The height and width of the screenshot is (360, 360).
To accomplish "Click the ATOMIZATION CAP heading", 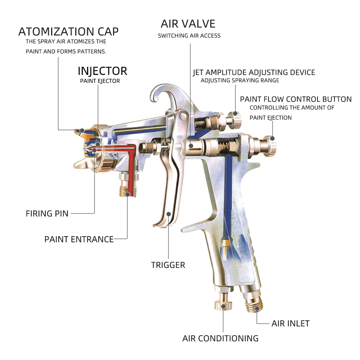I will click(x=68, y=32).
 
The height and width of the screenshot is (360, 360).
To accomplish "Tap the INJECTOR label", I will click(x=103, y=71).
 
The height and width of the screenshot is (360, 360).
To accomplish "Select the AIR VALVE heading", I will click(x=188, y=24).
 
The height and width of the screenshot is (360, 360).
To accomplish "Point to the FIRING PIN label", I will click(x=47, y=213).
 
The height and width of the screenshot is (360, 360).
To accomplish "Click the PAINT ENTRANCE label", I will click(x=79, y=239).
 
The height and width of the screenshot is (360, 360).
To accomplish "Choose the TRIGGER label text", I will click(x=168, y=265).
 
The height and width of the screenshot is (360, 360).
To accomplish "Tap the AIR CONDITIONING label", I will click(x=220, y=338).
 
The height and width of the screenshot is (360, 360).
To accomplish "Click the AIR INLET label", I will click(x=290, y=323).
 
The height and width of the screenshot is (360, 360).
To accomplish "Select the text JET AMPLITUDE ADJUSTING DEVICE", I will click(x=254, y=72).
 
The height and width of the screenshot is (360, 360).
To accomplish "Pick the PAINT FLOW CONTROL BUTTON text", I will click(x=296, y=99).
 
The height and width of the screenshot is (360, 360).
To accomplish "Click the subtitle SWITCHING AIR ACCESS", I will click(x=189, y=36).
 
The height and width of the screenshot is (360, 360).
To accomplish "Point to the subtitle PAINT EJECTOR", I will click(x=100, y=81).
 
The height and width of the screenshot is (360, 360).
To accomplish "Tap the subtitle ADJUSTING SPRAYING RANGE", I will click(x=240, y=81).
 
